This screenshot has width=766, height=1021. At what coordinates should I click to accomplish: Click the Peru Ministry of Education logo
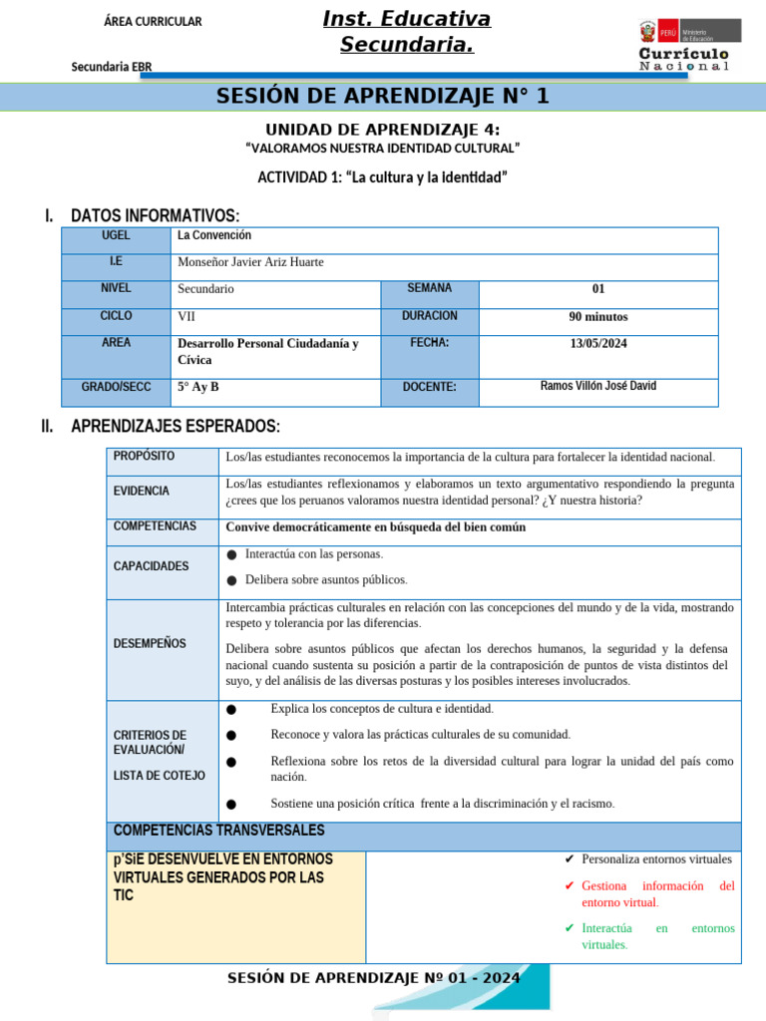pos(689,44)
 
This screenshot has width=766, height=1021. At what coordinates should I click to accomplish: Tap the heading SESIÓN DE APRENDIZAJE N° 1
pos(383,97)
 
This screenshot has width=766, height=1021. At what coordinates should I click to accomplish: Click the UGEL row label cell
pos(116,236)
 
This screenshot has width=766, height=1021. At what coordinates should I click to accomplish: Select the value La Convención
pos(214,236)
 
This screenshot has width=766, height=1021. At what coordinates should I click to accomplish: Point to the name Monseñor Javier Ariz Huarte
pos(250,262)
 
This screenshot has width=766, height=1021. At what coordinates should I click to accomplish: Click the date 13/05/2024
pos(598,343)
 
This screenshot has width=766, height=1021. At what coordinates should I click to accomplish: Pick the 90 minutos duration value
pos(598,317)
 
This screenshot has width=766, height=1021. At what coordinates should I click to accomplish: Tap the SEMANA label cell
pos(429,288)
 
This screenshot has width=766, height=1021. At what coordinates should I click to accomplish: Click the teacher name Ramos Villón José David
pos(598,386)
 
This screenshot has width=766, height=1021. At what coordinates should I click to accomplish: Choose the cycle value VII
pos(188,316)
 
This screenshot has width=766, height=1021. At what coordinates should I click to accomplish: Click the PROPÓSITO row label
pos(144,456)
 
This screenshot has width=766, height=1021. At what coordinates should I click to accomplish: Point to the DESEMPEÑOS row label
pos(150,643)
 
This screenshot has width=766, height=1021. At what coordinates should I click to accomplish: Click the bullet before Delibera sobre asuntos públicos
pos(232,580)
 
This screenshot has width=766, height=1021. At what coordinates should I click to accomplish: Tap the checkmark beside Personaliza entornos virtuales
pos(569,859)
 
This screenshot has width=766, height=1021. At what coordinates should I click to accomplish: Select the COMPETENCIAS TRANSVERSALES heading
pos(218,831)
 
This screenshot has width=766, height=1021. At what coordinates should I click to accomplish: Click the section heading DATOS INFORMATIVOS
pos(155,216)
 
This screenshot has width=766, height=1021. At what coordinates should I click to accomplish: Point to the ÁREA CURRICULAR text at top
pos(153,22)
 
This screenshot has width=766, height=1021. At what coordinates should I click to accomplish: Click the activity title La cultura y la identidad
pos(383,177)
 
